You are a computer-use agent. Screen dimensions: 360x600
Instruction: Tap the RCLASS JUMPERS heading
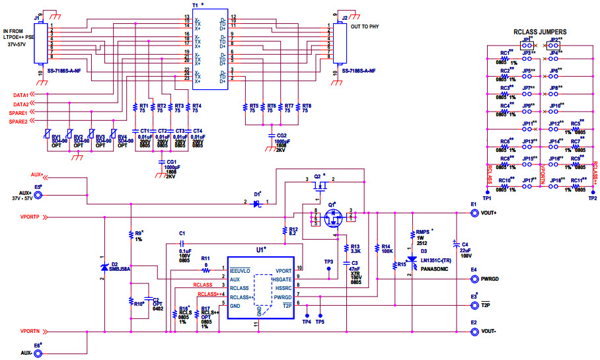coord(539,32)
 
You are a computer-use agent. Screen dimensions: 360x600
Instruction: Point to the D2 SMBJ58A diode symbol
coord(104,267)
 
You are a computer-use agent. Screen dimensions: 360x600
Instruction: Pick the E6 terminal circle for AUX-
coord(38,353)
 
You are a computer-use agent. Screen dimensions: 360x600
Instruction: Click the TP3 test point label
coord(328,262)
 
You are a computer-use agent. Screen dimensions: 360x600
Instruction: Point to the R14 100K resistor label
coord(387,249)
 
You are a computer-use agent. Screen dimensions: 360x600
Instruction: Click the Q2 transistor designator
coord(318,176)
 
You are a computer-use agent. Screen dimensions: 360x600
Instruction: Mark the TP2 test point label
coord(592,198)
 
